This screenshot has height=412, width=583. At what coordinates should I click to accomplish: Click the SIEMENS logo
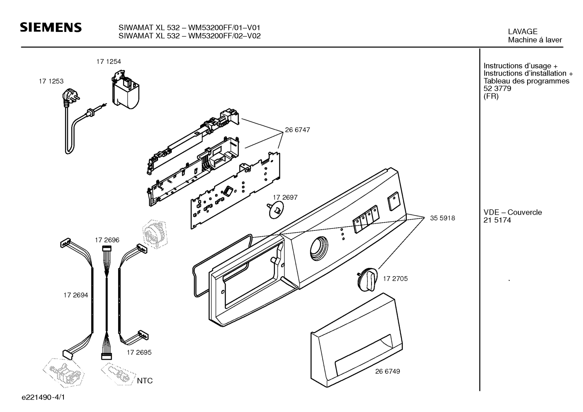tap(51, 27)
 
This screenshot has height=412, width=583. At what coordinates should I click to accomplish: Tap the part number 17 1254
tap(108, 62)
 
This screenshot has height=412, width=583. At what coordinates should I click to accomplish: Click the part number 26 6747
tap(298, 130)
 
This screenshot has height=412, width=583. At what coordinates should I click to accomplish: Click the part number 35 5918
tap(442, 218)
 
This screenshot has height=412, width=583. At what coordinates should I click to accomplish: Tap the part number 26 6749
tap(388, 372)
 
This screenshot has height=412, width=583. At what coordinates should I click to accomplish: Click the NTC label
tap(145, 381)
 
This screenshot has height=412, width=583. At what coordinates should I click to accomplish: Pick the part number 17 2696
tap(107, 240)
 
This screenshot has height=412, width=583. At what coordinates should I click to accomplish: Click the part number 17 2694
tap(76, 295)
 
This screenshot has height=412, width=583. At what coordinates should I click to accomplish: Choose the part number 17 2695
tap(139, 353)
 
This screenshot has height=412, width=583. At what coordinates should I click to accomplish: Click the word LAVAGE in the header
tap(523, 32)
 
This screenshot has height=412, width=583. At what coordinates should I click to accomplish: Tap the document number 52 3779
tap(497, 89)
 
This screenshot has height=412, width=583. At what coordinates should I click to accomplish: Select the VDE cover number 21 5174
tap(497, 220)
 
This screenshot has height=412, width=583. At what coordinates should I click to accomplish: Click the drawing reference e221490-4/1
tap(43, 397)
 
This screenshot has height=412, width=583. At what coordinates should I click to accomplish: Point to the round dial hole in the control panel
tap(319, 248)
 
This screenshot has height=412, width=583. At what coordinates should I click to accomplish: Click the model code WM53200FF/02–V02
tap(224, 36)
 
